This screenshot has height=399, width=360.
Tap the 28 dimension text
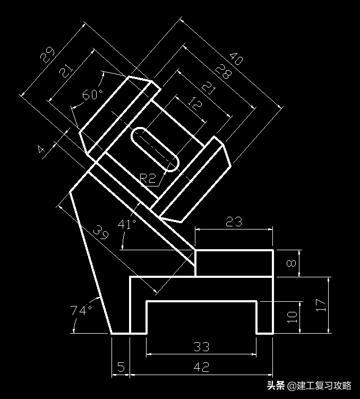(222, 73)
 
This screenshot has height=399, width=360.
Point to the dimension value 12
(195, 103)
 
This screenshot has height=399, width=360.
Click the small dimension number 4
(42, 149)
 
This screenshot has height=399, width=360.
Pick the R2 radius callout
(148, 179)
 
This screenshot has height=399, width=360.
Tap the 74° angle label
(81, 310)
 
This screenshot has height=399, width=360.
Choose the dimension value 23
(234, 222)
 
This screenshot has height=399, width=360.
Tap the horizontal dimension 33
(201, 347)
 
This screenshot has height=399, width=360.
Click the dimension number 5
(121, 367)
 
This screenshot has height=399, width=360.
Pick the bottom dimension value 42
(201, 367)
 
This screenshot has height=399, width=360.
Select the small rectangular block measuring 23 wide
(234, 263)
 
